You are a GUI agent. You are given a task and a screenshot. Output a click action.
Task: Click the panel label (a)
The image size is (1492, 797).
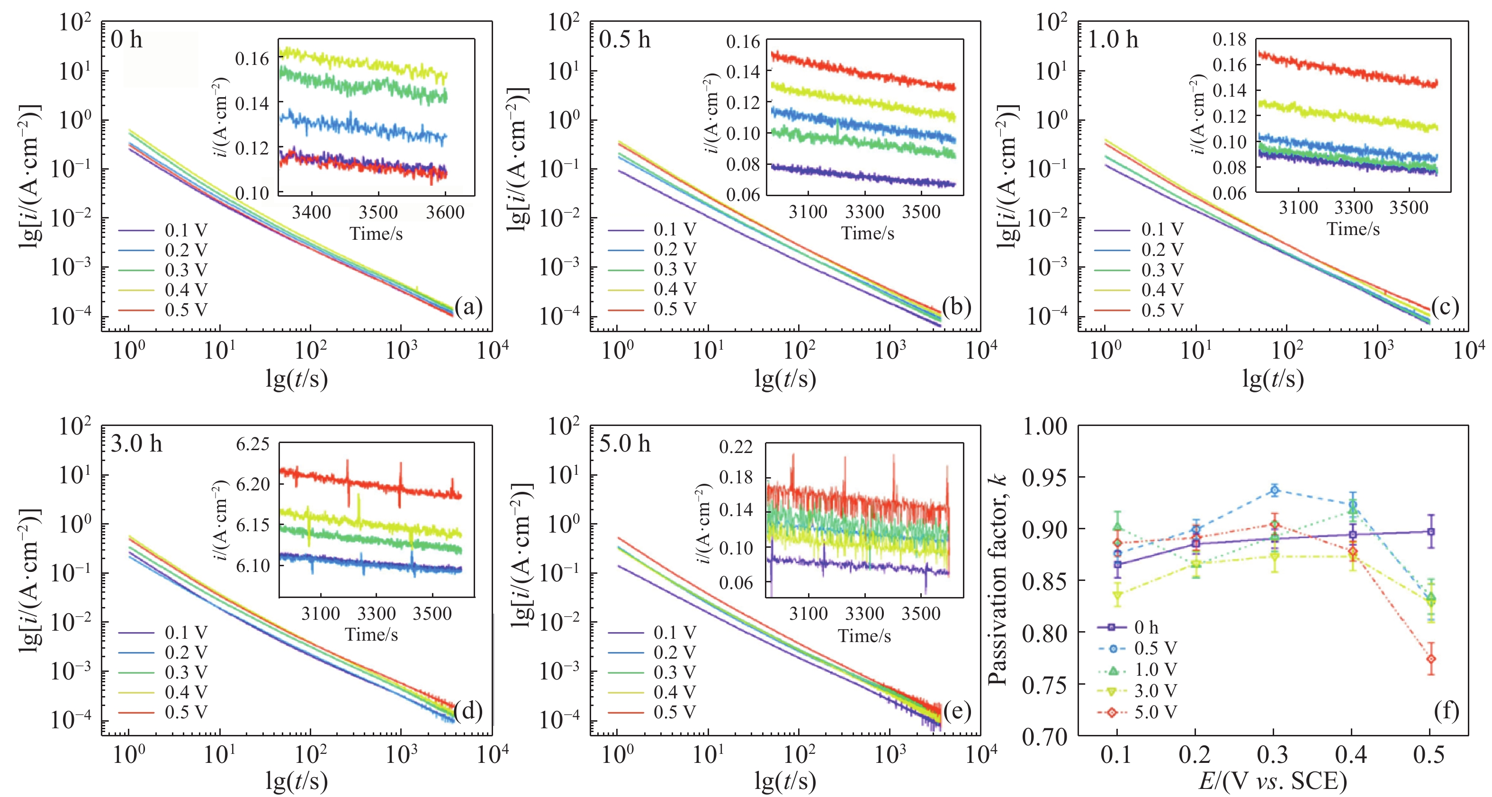[468, 307]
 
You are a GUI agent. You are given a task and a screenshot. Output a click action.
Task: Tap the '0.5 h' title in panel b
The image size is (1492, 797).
[624, 39]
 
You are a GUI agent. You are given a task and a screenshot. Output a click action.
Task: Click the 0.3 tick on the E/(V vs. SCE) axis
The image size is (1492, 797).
[1273, 755]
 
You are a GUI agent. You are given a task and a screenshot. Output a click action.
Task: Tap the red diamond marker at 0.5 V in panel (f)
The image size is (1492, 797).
[1430, 659]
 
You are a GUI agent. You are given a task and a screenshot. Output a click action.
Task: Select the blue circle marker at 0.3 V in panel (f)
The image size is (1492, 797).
[1274, 490]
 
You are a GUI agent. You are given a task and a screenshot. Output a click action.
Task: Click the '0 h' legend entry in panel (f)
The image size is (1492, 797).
[1146, 627]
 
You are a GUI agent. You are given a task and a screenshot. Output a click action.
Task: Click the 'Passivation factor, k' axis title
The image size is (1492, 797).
[998, 579]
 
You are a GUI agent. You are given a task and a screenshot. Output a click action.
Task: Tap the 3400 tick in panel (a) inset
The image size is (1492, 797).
[311, 212]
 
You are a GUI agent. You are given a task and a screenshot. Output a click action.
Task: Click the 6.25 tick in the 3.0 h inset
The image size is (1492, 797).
[252, 444]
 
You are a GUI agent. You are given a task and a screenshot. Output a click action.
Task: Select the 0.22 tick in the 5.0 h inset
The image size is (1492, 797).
[736, 446]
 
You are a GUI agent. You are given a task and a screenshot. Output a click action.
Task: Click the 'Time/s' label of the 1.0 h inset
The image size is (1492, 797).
[1353, 229]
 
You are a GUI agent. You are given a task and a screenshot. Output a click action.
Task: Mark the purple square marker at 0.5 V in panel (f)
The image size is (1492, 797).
[1430, 531]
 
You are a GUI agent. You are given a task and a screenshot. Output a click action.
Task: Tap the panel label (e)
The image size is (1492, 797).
[956, 710]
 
